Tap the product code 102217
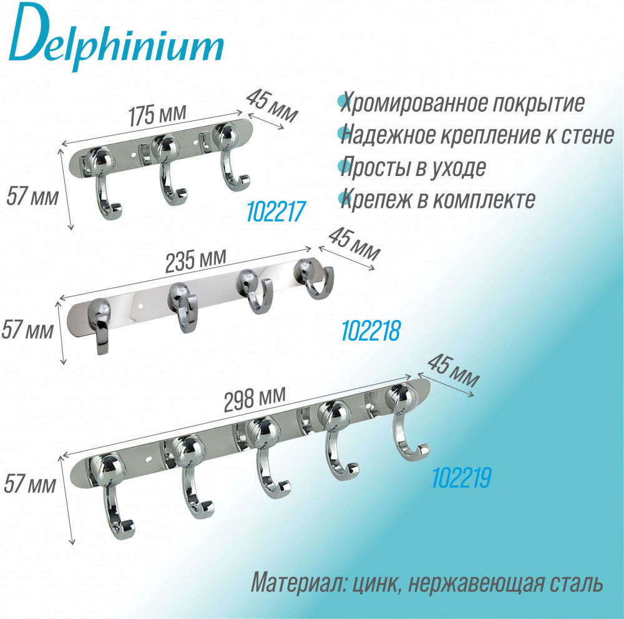pos(276,212)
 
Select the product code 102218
pos(371,330)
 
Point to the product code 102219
pos(462,477)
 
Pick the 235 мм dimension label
pos(196,260)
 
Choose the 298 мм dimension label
pos(255,399)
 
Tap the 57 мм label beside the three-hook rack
pos(32,197)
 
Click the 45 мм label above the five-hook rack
pos(453,371)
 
